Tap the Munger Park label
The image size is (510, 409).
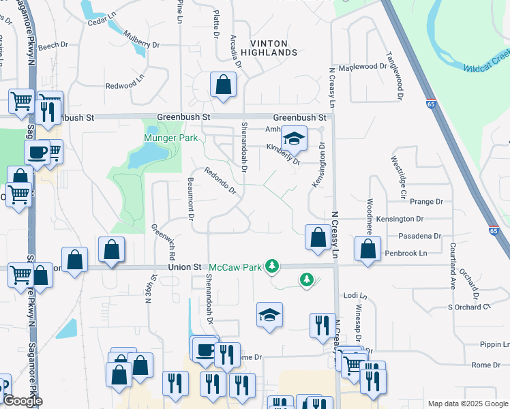[170, 138]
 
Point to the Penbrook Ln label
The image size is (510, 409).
[404, 253]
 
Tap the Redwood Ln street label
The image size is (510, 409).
[125, 86]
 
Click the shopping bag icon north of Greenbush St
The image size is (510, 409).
[223, 86]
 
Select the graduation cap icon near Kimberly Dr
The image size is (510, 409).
[295, 139]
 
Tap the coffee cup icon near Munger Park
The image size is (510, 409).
[37, 152]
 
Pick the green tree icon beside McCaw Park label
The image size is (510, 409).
[272, 265]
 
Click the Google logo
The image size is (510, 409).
[22, 401]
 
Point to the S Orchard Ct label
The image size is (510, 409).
[469, 307]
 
